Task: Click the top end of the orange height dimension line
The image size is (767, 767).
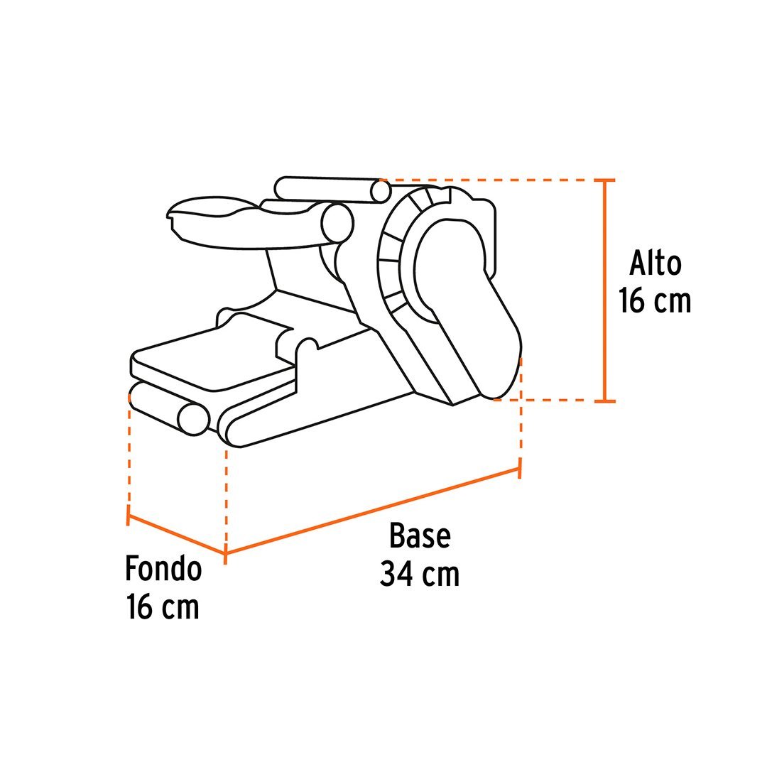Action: tap(605, 180)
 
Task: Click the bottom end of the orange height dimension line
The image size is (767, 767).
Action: tap(605, 401)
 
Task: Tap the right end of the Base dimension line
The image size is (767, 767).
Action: tap(519, 469)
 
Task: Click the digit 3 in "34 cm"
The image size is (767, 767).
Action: tap(388, 574)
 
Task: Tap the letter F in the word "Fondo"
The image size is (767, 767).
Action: tap(131, 568)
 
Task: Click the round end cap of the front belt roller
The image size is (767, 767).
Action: tap(194, 419)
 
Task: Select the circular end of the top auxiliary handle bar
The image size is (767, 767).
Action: tap(381, 192)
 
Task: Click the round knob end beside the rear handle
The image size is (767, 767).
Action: tap(337, 223)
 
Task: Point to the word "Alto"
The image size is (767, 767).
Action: tap(655, 263)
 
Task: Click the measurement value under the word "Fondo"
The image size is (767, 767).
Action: tap(163, 606)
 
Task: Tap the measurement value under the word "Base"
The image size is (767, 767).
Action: tap(420, 574)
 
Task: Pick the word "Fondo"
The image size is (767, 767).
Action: tap(164, 568)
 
